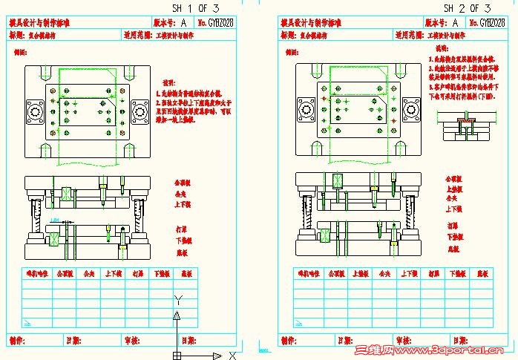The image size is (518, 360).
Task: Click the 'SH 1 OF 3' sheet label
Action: pos(196,7)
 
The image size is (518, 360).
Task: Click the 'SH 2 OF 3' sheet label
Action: pos(467,7)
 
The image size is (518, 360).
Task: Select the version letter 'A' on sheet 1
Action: pos(183,24)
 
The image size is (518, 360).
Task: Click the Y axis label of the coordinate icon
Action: pos(177,299)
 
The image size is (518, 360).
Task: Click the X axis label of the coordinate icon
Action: pos(232,355)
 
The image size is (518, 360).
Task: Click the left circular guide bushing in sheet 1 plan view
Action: pos(34,113)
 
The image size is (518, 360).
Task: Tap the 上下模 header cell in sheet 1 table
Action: pos(113,274)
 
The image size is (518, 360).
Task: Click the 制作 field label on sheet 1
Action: pos(18,340)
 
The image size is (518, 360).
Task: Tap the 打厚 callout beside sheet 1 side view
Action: pos(182,228)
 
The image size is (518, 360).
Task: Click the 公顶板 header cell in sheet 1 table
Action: pos(64,274)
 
